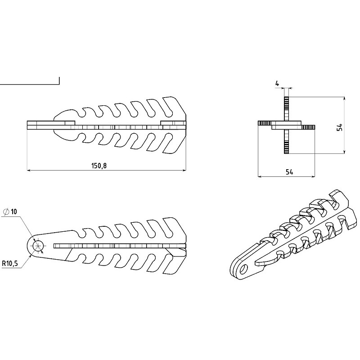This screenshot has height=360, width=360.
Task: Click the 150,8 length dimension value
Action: (x=99, y=166)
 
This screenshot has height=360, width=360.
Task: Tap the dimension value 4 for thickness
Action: (x=277, y=83)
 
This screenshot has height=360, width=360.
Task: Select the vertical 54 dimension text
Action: (x=340, y=127)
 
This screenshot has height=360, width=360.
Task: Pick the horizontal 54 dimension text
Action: (x=289, y=172)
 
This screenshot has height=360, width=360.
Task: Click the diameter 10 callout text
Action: (x=14, y=211)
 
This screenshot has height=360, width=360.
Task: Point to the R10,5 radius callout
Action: (x=10, y=263)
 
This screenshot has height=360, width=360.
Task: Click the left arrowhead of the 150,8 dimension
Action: (x=29, y=170)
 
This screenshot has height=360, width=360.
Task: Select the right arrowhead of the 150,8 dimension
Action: (x=184, y=170)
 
